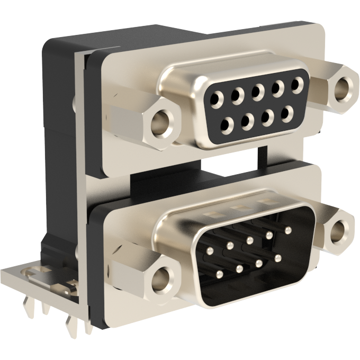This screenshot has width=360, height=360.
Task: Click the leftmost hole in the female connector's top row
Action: point(218,98)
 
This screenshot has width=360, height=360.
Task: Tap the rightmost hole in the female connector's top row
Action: point(298,83)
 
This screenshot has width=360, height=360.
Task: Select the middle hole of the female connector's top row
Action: point(258,91)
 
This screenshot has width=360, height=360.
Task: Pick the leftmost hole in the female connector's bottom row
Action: point(227,125)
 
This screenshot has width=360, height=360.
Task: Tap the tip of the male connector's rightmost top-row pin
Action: point(288,230)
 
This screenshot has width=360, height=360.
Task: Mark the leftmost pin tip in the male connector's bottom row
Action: point(219,274)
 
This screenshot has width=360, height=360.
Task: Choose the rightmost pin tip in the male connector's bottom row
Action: point(278,258)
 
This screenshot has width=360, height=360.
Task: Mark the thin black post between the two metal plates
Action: point(260,152)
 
